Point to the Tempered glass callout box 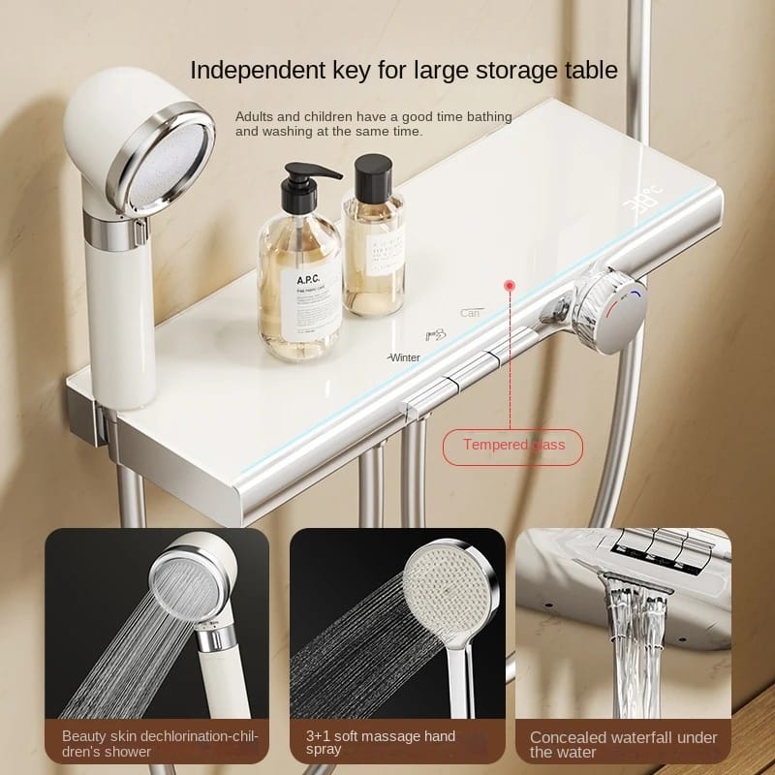pos(512,445)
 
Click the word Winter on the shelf pos(404,356)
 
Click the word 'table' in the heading pos(592,70)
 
